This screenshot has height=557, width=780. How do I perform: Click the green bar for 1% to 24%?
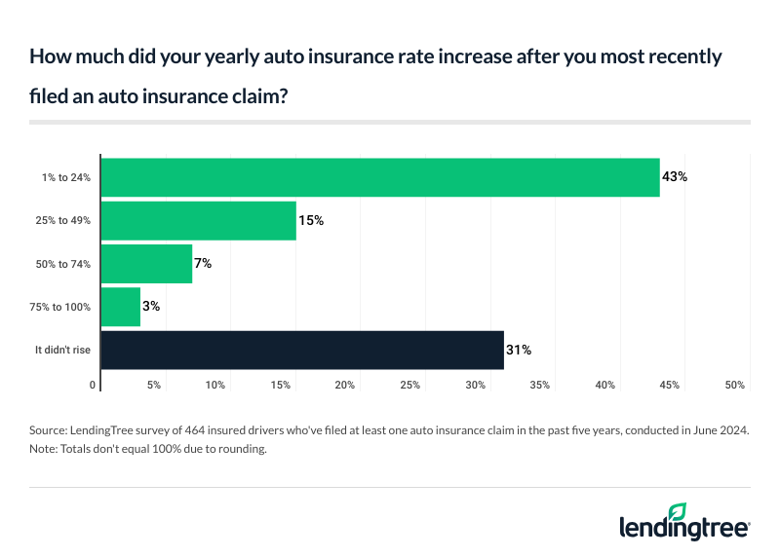[x=380, y=177]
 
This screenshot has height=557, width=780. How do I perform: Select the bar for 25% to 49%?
[x=199, y=221]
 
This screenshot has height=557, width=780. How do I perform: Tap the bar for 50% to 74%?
[x=146, y=263]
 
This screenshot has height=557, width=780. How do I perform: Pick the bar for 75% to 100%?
[x=121, y=307]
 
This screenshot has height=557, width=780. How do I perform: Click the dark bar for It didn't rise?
[x=302, y=350]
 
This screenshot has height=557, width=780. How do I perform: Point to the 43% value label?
[x=676, y=177]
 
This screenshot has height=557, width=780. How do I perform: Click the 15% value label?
[x=311, y=221]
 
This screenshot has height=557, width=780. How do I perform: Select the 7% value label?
[x=202, y=264]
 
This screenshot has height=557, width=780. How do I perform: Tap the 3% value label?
[x=150, y=307]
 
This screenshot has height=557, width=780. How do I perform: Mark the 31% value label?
[x=519, y=350]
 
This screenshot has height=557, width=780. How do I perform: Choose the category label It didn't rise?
[x=63, y=350]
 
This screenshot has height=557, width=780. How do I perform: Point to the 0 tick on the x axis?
[x=94, y=386]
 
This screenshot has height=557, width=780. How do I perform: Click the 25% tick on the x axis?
[x=409, y=386]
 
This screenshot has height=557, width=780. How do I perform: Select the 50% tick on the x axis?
[x=734, y=386]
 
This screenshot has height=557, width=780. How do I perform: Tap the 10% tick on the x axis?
[x=214, y=386]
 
